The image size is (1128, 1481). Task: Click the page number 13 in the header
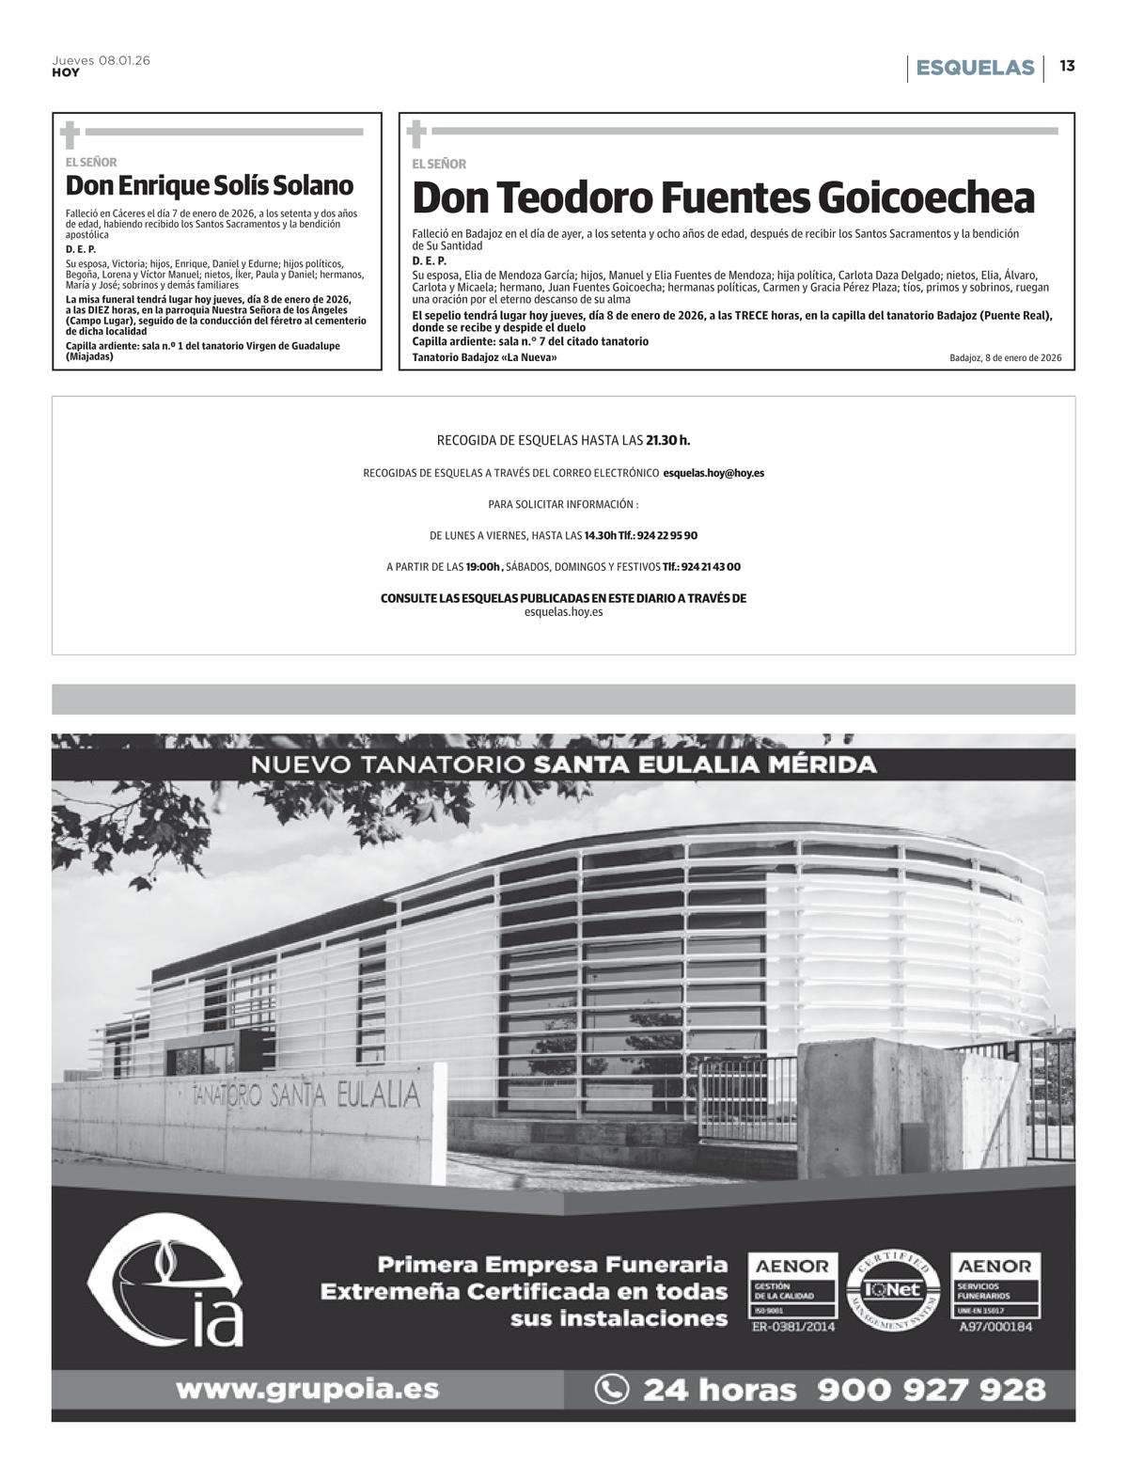pos(1067,67)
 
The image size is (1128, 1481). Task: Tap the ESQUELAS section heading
pos(975,68)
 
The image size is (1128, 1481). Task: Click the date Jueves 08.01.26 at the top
pos(102,60)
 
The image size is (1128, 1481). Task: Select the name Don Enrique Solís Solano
pos(210,185)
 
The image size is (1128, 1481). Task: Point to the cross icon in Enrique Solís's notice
pos(69,134)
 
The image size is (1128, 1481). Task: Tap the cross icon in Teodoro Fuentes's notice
pos(415,134)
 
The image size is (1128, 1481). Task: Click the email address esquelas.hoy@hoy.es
pos(713,473)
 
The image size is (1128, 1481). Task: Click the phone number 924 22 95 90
pos(667,536)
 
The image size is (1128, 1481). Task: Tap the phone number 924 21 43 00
pos(711,567)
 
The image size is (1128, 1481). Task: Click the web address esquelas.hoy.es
pos(563,612)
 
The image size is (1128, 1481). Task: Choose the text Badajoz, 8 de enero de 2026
pos(1005,358)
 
